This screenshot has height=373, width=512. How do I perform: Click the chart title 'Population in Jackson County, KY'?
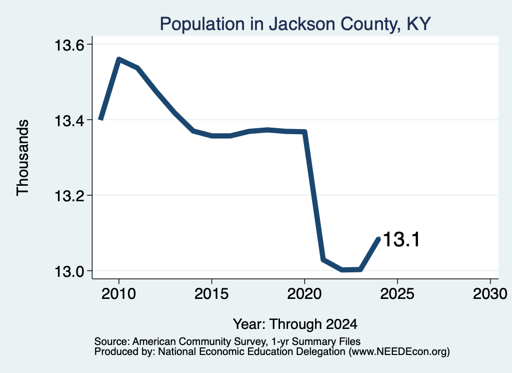295,24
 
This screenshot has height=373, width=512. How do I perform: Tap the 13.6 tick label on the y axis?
69,45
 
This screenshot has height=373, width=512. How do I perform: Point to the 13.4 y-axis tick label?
69,121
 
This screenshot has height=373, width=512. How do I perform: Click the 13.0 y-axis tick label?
69,272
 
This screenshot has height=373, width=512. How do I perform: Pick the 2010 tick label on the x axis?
118,294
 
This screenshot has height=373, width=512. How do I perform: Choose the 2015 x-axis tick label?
211,294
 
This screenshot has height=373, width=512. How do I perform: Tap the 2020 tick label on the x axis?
304,294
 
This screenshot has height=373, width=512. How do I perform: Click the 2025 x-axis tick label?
397,294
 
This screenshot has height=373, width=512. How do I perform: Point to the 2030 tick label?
490,294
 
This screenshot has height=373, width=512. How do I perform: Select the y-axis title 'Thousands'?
23,158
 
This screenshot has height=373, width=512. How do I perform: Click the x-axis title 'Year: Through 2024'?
295,324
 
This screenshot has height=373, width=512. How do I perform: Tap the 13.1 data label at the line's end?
401,239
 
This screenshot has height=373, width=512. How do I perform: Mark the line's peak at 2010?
119,59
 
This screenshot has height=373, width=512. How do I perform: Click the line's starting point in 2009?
101,119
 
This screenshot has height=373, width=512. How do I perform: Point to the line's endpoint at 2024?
378,239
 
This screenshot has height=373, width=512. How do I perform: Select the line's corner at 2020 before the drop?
304,132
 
